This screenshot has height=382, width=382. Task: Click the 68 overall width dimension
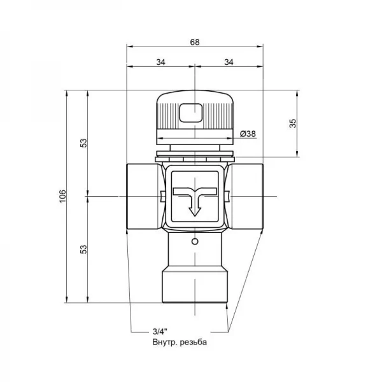point(195,42)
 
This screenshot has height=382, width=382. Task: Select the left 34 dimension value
point(161,62)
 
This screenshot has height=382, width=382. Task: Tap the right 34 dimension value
point(229,62)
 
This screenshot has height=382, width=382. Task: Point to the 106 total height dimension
point(62,196)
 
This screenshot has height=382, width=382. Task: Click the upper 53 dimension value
point(83,143)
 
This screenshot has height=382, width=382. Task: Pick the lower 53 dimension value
point(83,250)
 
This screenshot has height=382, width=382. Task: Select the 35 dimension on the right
point(293,124)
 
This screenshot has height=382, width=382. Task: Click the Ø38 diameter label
point(248,134)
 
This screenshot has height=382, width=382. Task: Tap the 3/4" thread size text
point(160,331)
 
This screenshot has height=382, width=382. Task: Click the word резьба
point(194,342)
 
